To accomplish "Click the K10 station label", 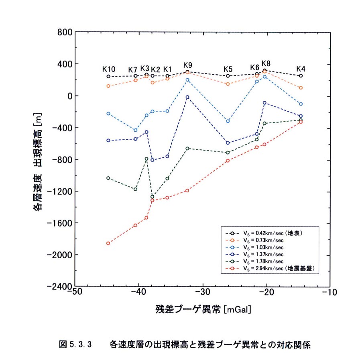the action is pyautogui.click(x=109, y=69).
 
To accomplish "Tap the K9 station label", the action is pyautogui.click(x=188, y=65).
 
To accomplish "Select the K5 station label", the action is pyautogui.click(x=228, y=69).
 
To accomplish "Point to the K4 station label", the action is pyautogui.click(x=301, y=69).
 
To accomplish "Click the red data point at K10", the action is pyautogui.click(x=108, y=243).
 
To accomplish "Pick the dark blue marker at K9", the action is pyautogui.click(x=187, y=97).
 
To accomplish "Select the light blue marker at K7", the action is pyautogui.click(x=136, y=131).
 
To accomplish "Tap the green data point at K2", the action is pyautogui.click(x=152, y=197).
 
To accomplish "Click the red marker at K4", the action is pyautogui.click(x=301, y=122).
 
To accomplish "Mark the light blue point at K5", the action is pyautogui.click(x=228, y=121).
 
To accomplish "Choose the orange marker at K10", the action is pyautogui.click(x=108, y=86).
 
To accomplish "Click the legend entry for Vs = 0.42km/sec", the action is pyautogui.click(x=264, y=233).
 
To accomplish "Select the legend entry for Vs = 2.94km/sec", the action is pyautogui.click(x=270, y=268).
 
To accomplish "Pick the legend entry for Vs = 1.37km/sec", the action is pyautogui.click(x=254, y=254).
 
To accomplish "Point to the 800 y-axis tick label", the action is pyautogui.click(x=65, y=33).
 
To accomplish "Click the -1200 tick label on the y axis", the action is pyautogui.click(x=59, y=191).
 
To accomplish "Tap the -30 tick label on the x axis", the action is pyautogui.click(x=203, y=292).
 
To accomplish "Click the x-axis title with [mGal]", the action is pyautogui.click(x=203, y=309).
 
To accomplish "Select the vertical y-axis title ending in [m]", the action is pyautogui.click(x=37, y=162).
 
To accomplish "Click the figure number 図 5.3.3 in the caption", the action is pyautogui.click(x=75, y=345).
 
